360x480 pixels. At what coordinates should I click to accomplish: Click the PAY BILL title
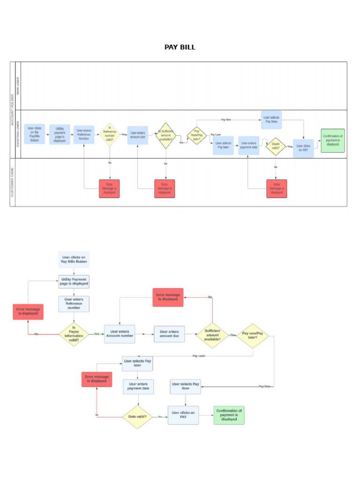tap(180, 47)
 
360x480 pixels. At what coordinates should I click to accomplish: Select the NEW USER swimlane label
tap(18, 86)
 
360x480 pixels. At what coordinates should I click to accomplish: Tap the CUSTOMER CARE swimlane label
tap(13, 182)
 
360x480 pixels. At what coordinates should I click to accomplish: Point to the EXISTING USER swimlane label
tap(18, 135)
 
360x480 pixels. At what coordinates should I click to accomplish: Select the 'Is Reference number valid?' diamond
tap(110, 135)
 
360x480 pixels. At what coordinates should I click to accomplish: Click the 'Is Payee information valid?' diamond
tap(74, 334)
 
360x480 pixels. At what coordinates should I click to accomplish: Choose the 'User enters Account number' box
tap(120, 333)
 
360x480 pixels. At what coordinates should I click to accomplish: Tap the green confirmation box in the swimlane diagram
tap(332, 140)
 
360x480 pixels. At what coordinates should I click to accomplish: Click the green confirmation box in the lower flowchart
tap(229, 415)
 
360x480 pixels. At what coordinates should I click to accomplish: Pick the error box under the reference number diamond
tap(109, 188)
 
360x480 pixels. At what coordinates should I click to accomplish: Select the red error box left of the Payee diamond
tap(28, 311)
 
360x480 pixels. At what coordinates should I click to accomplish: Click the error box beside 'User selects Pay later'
tap(97, 379)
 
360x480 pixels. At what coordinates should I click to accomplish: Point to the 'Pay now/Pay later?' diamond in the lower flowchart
tap(253, 335)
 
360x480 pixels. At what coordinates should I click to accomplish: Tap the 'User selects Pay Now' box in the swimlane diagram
tap(271, 120)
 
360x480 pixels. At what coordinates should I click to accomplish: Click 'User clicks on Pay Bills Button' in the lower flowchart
tap(74, 260)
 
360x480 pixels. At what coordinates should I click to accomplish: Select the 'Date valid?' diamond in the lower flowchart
tap(137, 416)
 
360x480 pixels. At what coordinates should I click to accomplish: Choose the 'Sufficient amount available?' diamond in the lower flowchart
tap(212, 335)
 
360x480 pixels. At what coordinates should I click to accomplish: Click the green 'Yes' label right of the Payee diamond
tap(97, 334)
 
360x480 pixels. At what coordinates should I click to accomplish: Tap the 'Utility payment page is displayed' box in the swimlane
tap(60, 135)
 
